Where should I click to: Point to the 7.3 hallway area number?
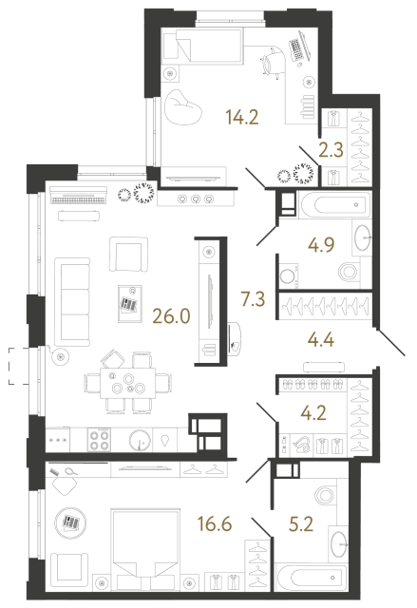(254, 301)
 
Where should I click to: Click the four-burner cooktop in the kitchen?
(101, 440)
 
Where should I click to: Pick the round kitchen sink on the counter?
(139, 440)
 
